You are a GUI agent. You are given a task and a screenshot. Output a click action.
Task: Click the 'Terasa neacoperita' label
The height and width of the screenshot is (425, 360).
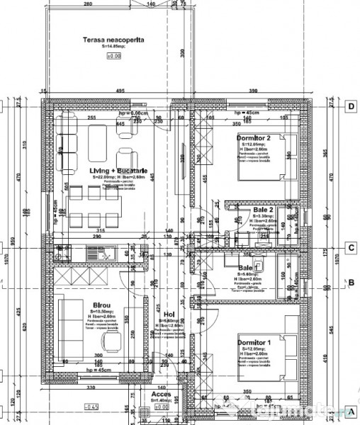[x=113, y=40]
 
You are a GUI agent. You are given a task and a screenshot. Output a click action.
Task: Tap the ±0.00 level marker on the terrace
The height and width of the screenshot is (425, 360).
[x=114, y=55]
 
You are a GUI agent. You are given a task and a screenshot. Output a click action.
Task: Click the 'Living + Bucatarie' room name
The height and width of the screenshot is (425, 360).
[x=118, y=171]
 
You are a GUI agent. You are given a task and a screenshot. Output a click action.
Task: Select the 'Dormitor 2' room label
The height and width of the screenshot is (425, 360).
[x=254, y=137]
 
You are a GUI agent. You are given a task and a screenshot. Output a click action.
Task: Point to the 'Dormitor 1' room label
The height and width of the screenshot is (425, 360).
[x=254, y=343]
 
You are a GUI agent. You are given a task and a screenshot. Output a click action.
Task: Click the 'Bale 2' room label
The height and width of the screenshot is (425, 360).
[x=263, y=210]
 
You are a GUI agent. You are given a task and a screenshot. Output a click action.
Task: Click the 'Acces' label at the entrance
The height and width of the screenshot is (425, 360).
[x=162, y=395]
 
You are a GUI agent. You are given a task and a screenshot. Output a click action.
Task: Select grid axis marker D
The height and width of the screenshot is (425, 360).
[x=350, y=107]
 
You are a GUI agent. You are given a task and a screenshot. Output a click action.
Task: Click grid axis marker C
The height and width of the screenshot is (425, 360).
[x=350, y=248]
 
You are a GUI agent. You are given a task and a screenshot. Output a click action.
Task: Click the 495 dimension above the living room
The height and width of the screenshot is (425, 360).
[x=120, y=91]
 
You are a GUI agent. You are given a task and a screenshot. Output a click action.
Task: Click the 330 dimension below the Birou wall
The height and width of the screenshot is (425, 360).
[x=91, y=389]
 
